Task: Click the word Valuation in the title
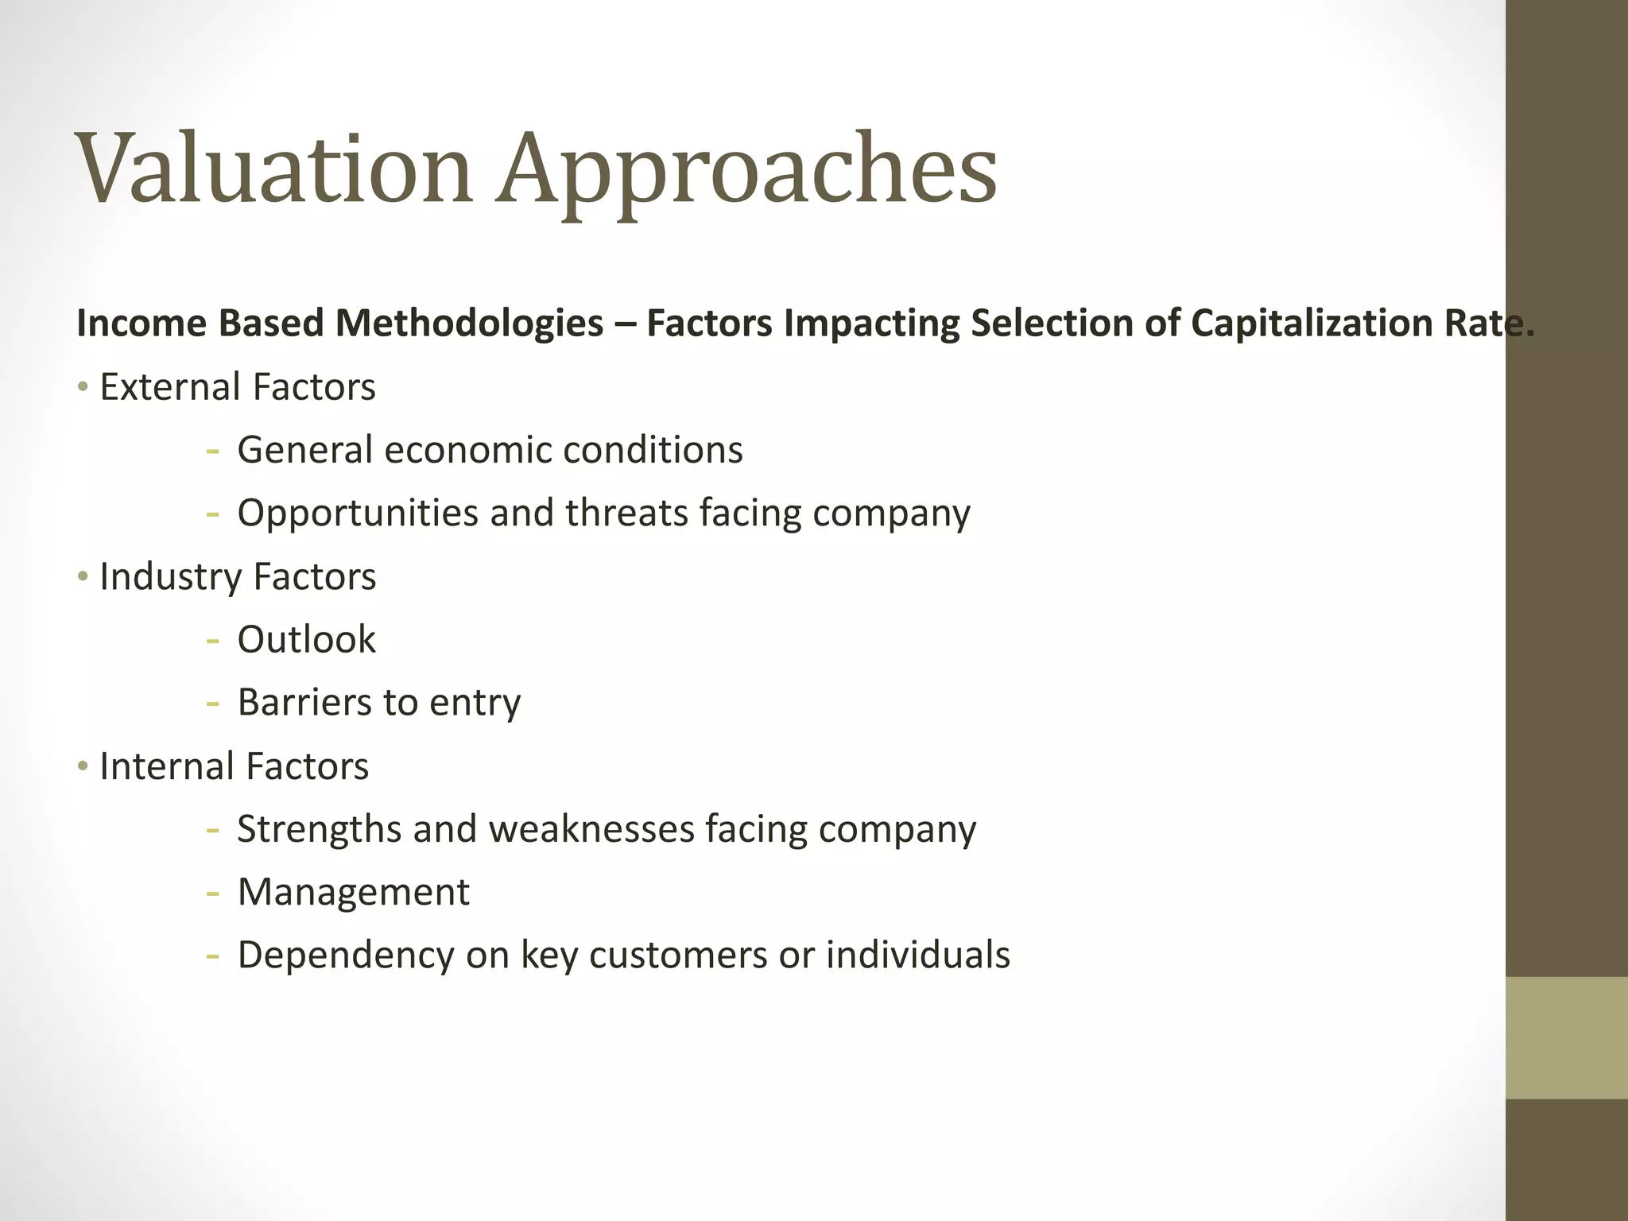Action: pyautogui.click(x=274, y=169)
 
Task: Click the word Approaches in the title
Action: pyautogui.click(x=747, y=172)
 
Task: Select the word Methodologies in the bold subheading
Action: pyautogui.click(x=469, y=324)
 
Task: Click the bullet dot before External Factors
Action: pyautogui.click(x=83, y=388)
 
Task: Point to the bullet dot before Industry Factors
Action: pyautogui.click(x=83, y=577)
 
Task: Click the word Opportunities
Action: pyautogui.click(x=357, y=514)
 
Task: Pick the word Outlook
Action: pyautogui.click(x=306, y=640)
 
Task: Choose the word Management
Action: pyautogui.click(x=353, y=892)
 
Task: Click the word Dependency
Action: pyautogui.click(x=345, y=955)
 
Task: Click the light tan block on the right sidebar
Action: pyautogui.click(x=1566, y=1037)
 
